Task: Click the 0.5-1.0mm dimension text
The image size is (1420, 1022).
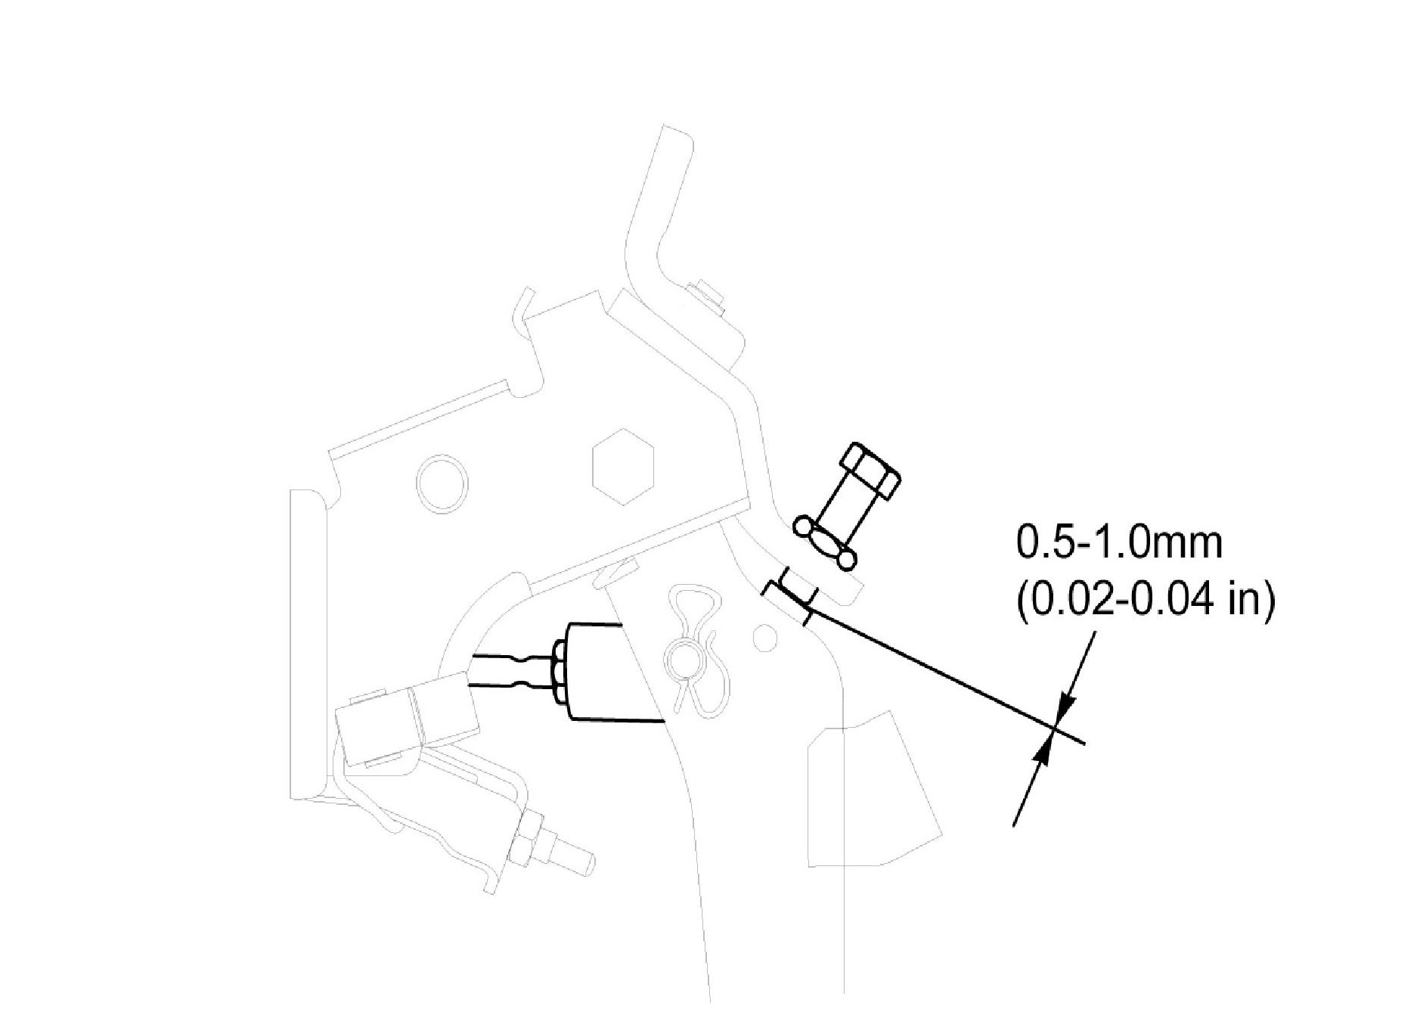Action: (1118, 545)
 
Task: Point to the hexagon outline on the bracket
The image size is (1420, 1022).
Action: (622, 467)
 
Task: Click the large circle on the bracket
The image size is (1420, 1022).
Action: (442, 484)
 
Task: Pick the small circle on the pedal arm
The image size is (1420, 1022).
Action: (765, 638)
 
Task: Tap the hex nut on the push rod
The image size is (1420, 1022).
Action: (560, 672)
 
